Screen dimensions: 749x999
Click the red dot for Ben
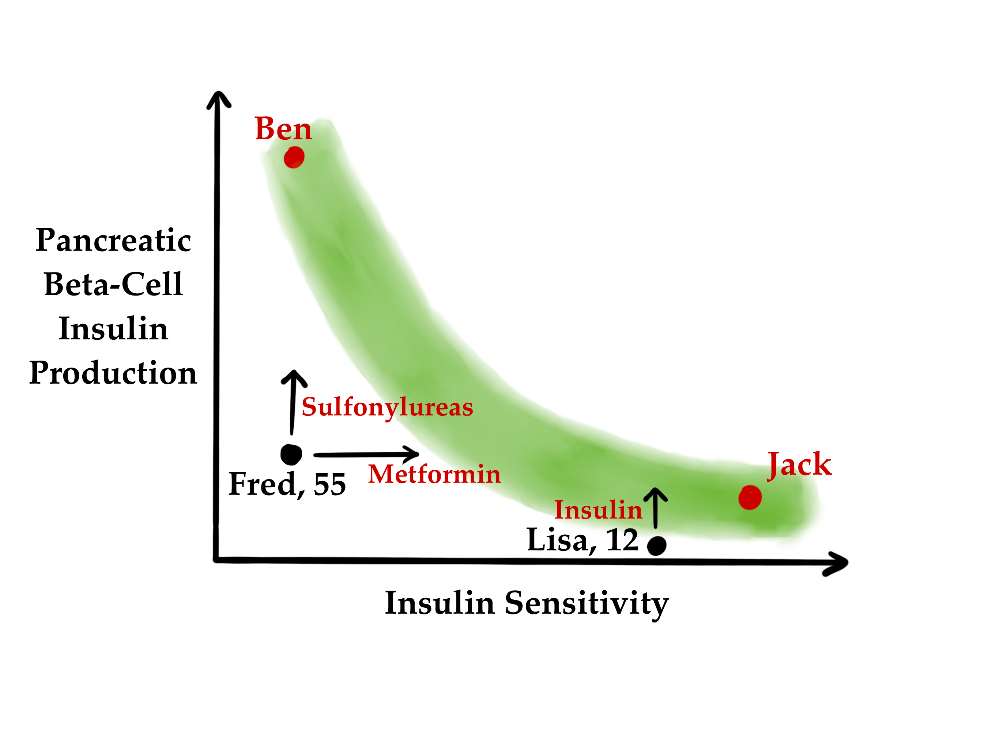tap(294, 157)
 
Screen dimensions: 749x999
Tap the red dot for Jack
tap(750, 498)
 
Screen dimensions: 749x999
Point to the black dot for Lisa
tap(656, 545)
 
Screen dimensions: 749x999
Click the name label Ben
tap(283, 129)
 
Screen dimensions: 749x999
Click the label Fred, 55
tap(287, 484)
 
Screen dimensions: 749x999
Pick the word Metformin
tap(434, 474)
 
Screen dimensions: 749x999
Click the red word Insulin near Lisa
tap(598, 510)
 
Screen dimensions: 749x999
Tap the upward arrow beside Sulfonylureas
tap(293, 402)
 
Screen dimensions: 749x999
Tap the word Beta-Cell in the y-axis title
tap(113, 284)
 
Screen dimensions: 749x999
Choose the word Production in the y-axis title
tap(113, 373)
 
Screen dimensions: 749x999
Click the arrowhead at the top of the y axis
tap(219, 99)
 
